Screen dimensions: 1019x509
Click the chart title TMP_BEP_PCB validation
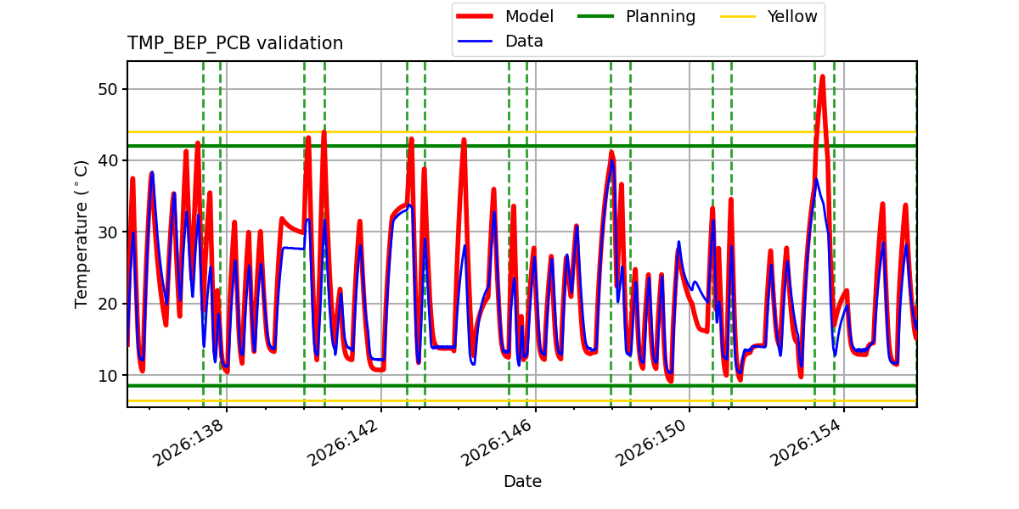coord(234,43)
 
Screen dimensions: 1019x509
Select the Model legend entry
coord(505,16)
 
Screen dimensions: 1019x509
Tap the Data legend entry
coord(499,42)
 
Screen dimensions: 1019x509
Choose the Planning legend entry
coord(636,16)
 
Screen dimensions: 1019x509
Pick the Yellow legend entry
coord(768,16)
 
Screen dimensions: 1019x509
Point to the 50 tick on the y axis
coord(108,89)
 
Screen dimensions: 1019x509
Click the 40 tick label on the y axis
coord(108,160)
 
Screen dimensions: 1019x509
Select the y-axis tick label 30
coord(108,232)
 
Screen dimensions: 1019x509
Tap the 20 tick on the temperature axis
coord(108,304)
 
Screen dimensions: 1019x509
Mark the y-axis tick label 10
coord(108,375)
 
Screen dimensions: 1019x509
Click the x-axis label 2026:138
coord(189,443)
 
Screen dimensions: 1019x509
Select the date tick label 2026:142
coord(342,443)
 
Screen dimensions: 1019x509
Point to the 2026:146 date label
coord(497,443)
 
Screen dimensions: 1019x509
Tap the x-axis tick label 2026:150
coord(650,443)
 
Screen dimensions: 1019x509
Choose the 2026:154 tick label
coord(805,443)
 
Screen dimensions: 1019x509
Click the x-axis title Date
coord(522,481)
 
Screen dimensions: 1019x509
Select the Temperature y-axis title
coord(81,234)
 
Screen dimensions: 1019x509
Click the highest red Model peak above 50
coord(823,76)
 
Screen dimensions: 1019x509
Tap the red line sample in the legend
coord(475,16)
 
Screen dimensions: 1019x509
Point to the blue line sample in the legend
coord(475,42)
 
